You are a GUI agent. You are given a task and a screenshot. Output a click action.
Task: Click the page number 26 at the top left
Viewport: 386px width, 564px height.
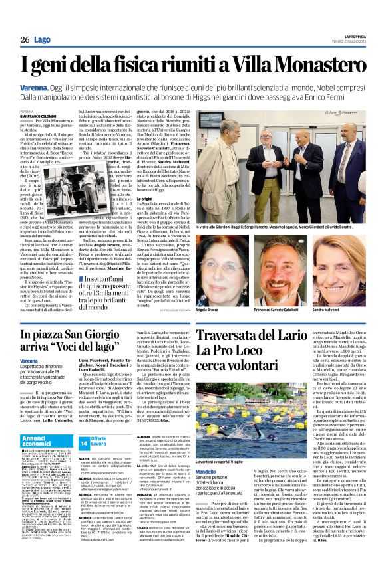[x=24, y=40]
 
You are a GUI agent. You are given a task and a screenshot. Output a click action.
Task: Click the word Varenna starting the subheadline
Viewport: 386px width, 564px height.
[x=35, y=87]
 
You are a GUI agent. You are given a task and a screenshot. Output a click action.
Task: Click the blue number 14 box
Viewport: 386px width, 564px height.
[x=84, y=442]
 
